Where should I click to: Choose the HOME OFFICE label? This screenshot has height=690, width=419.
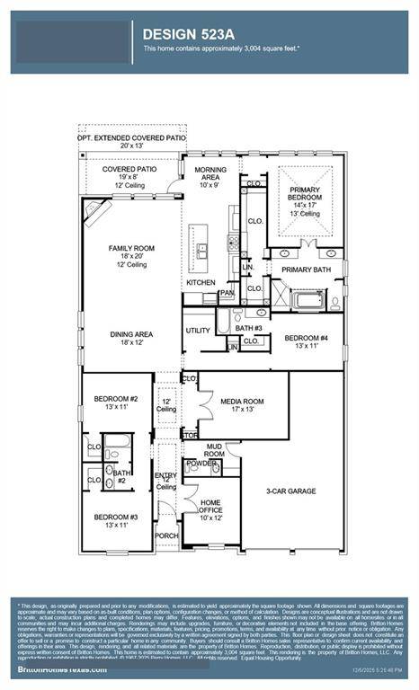[x=210, y=506]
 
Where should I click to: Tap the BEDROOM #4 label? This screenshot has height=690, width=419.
[x=306, y=338]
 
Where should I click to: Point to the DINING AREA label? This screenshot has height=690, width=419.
[x=131, y=334]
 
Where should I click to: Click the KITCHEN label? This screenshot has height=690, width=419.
[x=201, y=282]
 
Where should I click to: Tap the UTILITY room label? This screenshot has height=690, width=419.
[x=198, y=331]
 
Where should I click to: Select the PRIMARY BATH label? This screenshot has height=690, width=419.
[x=306, y=270]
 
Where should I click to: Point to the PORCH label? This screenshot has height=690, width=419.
[x=165, y=535]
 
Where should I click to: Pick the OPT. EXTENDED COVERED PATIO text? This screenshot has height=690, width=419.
[x=132, y=138]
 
